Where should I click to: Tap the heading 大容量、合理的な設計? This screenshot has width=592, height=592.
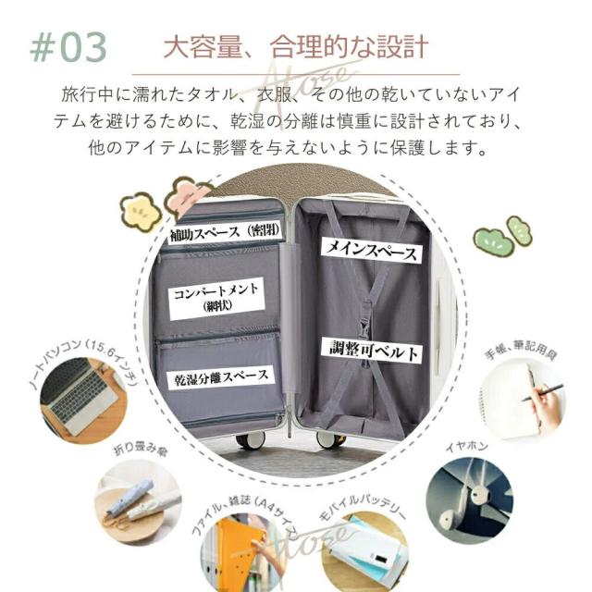[x=295, y=46]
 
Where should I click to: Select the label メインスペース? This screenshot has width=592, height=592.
[x=370, y=249]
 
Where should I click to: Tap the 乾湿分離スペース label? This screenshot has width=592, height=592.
[x=221, y=376]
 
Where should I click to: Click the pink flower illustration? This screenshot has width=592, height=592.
[x=188, y=195]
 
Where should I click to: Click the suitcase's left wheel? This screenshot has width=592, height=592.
[x=250, y=439]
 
